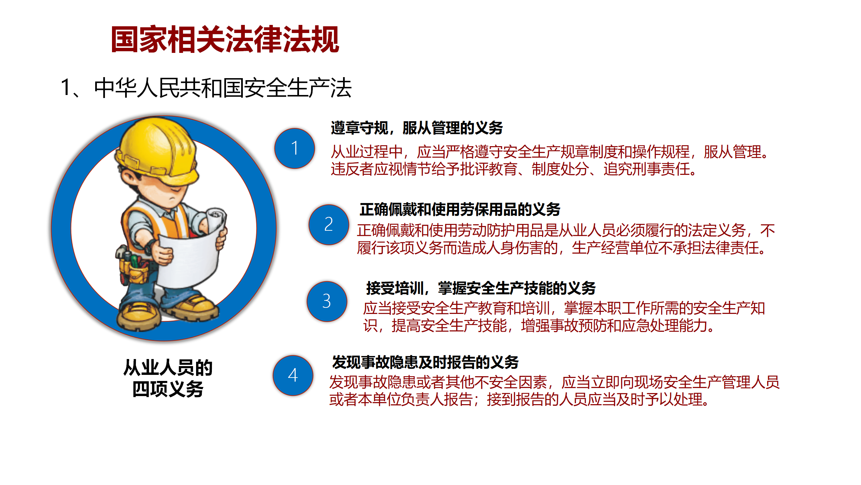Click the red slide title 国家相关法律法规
225,39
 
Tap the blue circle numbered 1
295,148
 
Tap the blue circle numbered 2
329,224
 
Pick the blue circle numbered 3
327,301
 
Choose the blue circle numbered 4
293,375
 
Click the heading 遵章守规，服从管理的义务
417,128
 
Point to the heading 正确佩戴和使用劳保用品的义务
460,209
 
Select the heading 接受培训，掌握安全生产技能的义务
481,288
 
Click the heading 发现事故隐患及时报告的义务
425,362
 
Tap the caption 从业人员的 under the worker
168,367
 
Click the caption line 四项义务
168,389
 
